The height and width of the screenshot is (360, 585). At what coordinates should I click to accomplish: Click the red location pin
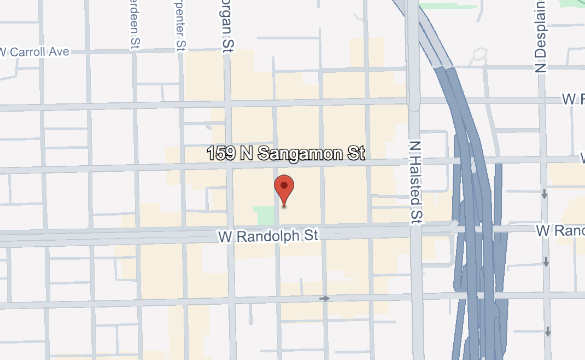point(284,189)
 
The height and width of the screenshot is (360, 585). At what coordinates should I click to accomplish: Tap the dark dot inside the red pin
point(284,185)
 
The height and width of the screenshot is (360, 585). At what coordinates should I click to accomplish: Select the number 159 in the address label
point(221,154)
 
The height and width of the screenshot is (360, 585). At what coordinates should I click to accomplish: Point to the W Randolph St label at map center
point(268,236)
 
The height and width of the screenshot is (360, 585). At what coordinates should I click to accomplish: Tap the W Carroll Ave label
point(35,52)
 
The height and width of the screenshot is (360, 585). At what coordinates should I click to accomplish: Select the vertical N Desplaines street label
point(541,36)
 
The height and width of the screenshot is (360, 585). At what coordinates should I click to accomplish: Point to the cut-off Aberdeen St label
point(133,25)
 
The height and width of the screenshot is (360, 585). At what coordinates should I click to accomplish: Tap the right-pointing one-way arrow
point(325,298)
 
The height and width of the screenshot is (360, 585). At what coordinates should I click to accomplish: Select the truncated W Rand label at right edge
point(560,230)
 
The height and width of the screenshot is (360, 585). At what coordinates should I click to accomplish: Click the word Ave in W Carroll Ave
point(59,51)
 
